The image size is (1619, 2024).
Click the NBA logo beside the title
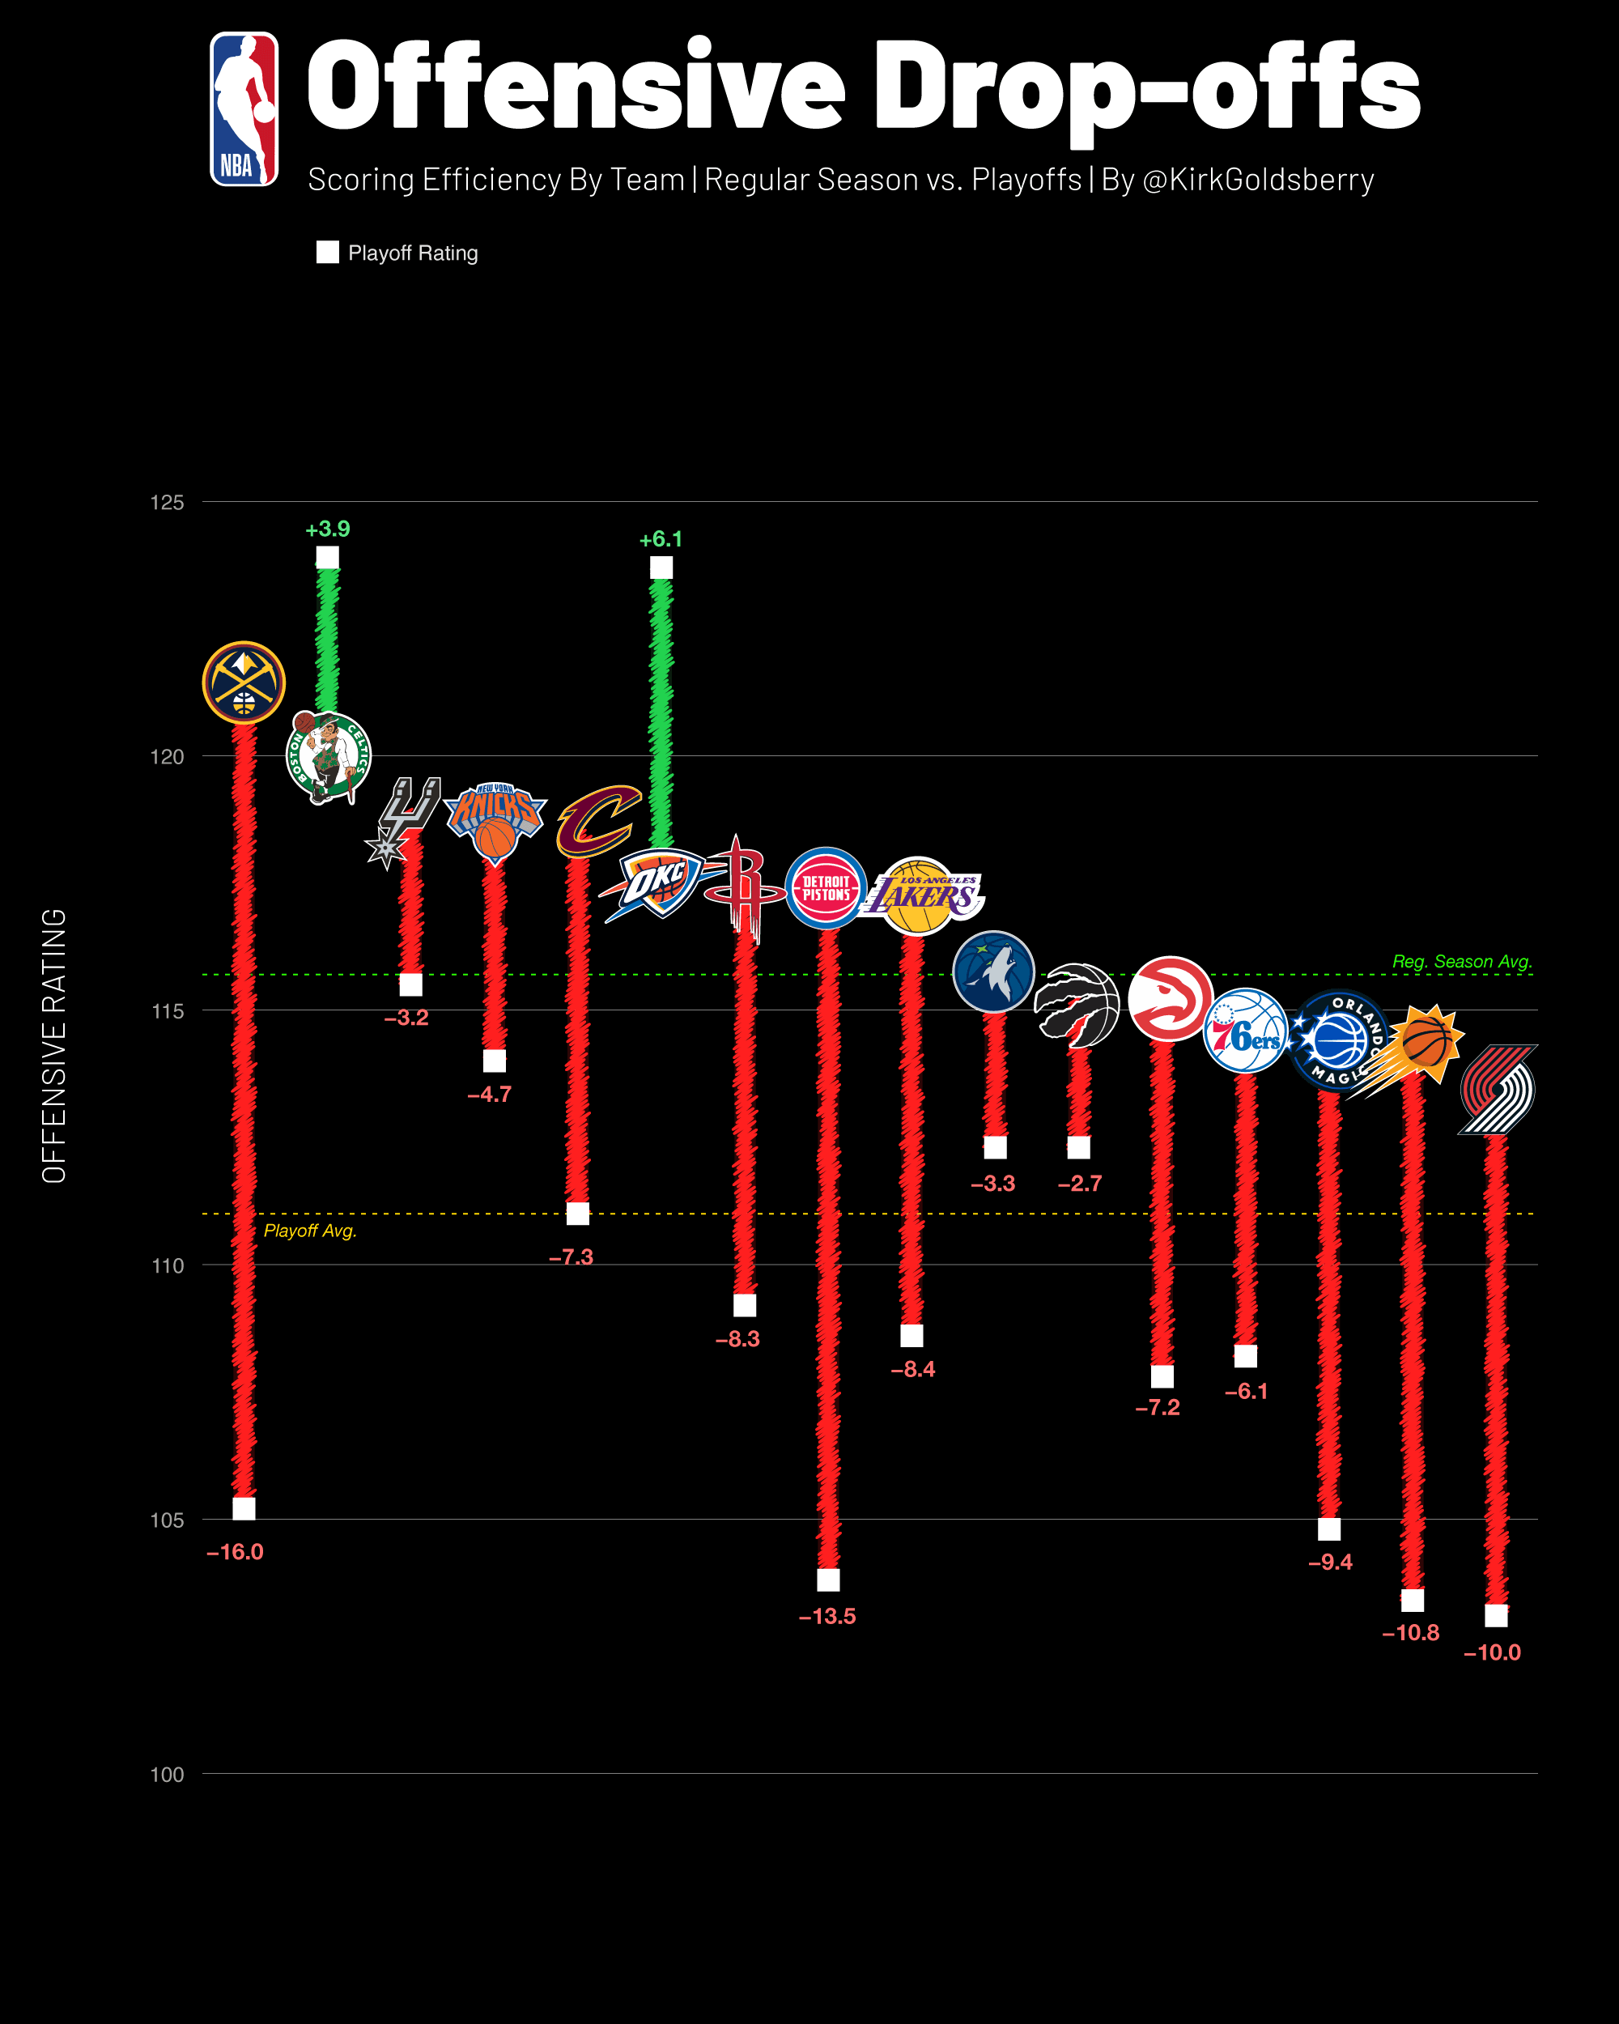pos(244,109)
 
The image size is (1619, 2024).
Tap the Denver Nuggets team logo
pos(244,682)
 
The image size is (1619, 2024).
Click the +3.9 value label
pos(328,529)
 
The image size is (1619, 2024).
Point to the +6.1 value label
pos(661,540)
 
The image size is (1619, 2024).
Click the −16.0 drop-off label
pos(235,1552)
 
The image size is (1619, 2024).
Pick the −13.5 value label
pos(826,1617)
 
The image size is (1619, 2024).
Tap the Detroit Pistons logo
pos(826,888)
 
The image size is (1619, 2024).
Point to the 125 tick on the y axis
pos(167,502)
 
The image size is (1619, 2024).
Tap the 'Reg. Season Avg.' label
pos(1461,961)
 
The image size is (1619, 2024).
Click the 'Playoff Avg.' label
pos(310,1231)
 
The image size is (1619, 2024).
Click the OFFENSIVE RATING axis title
pos(54,1045)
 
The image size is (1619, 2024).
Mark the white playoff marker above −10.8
pos(1413,1600)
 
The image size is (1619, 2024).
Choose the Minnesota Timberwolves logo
pos(993,972)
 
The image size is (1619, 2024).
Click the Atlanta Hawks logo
pos(1170,999)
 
